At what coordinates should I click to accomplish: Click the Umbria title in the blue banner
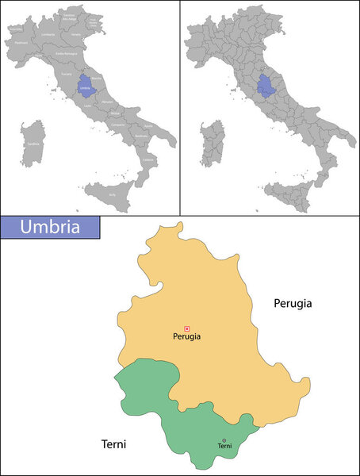pos(49,227)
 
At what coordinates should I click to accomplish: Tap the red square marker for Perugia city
pos(187,328)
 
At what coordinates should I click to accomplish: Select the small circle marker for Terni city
pos(224,440)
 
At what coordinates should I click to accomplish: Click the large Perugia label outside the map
pos(293,302)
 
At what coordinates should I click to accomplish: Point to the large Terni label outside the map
pos(113,443)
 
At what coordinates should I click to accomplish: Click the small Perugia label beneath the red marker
pos(186,336)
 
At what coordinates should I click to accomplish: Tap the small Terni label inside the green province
pos(224,447)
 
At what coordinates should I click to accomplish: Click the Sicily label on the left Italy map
pos(110,194)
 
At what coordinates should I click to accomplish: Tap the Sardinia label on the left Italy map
pos(33,144)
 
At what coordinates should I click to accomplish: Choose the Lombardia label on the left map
pos(48,36)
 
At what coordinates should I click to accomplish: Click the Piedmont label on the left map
pos(21,43)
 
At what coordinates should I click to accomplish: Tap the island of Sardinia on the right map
pos(210,144)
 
